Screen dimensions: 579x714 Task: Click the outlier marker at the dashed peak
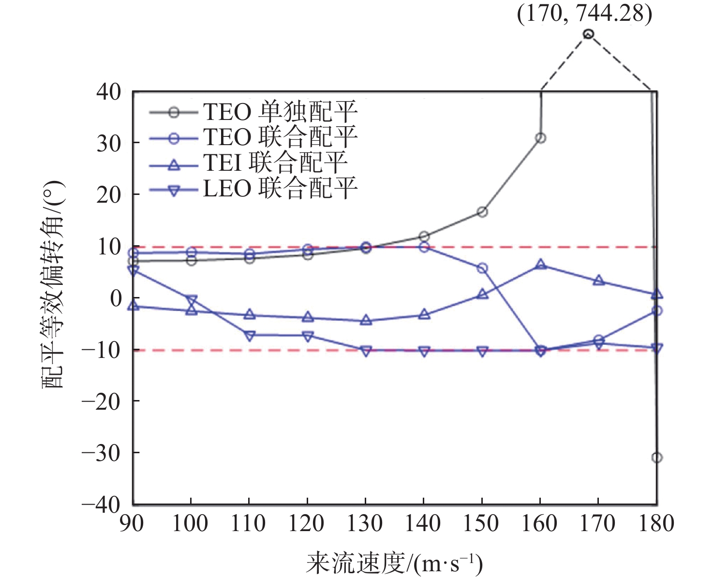click(588, 34)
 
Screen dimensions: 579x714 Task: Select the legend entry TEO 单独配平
click(280, 112)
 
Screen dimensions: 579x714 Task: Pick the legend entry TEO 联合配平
click(280, 138)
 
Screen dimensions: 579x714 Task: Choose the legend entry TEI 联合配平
click(275, 163)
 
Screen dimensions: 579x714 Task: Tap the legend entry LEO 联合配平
click(280, 189)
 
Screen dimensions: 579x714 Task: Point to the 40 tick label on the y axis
click(109, 92)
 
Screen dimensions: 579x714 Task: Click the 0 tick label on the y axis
click(116, 298)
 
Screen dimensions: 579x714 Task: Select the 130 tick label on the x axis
click(365, 524)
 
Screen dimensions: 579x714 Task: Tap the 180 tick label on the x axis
click(656, 524)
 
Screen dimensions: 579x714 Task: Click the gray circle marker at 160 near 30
click(540, 138)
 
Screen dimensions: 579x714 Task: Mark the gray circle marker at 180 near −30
click(656, 457)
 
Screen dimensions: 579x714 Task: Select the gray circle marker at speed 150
click(482, 212)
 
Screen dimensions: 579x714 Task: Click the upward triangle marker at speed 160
click(540, 264)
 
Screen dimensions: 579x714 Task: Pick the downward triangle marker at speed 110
click(249, 336)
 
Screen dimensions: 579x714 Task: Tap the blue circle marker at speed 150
click(482, 268)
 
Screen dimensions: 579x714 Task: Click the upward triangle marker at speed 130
click(366, 320)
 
